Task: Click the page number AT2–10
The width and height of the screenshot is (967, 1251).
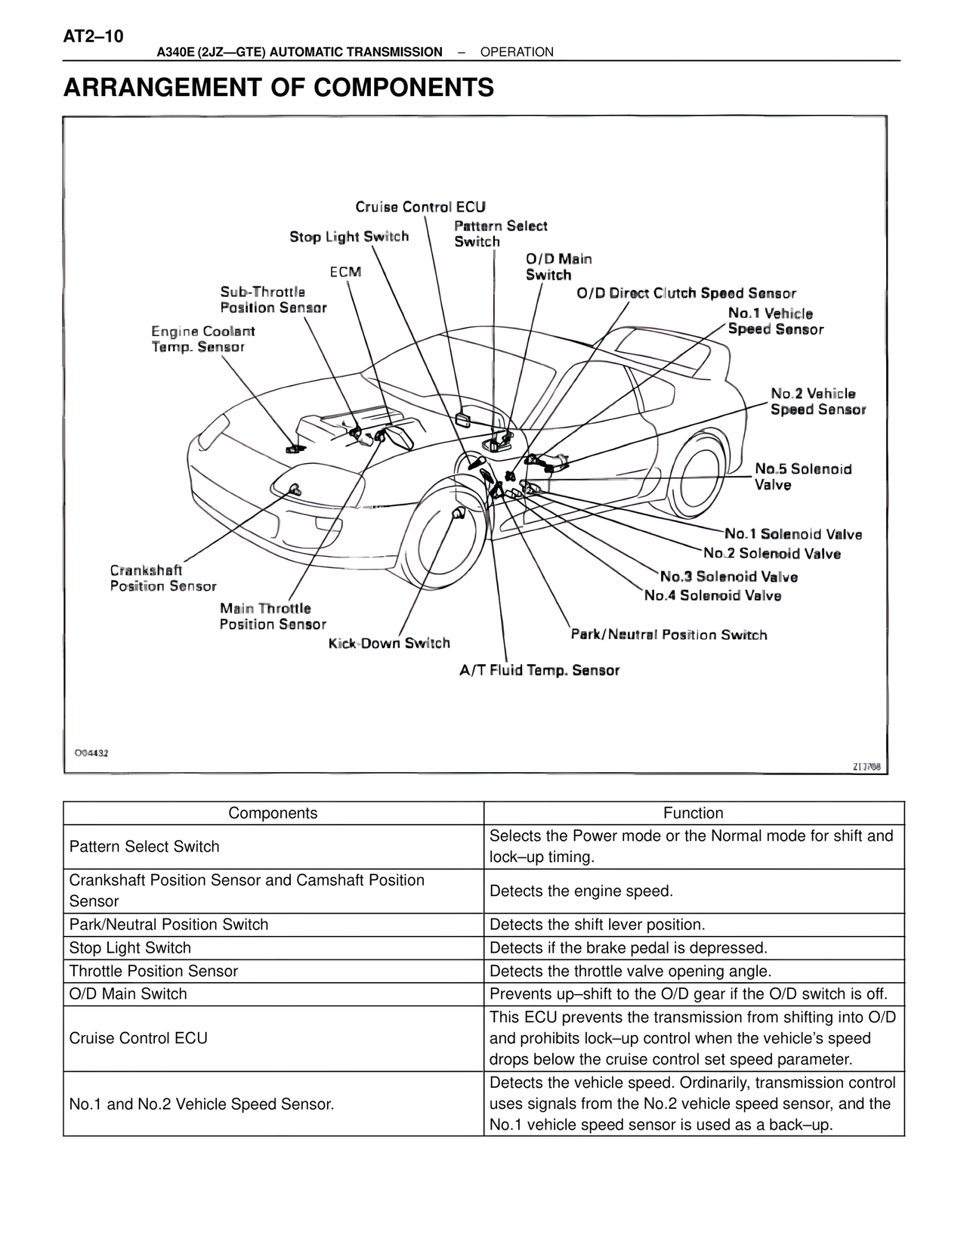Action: click(94, 37)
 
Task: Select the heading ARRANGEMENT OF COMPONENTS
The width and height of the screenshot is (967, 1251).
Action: click(279, 88)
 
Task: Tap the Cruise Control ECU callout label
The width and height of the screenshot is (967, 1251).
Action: click(420, 207)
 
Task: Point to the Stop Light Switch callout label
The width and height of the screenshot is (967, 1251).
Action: click(349, 237)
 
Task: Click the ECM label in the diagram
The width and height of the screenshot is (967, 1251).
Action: click(345, 272)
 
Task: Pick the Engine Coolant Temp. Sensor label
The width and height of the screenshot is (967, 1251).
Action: click(202, 339)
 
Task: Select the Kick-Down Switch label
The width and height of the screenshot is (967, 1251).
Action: click(389, 644)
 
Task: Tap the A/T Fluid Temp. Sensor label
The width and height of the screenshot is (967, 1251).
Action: click(539, 671)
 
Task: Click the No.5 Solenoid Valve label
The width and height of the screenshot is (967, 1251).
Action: click(803, 477)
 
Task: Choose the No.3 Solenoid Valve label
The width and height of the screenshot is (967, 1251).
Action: click(728, 577)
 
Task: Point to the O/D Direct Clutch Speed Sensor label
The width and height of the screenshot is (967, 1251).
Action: click(686, 294)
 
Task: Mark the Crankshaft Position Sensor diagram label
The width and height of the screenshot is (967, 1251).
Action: click(163, 579)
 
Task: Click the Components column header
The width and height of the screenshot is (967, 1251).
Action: click(273, 814)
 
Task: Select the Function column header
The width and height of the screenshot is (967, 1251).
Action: click(693, 814)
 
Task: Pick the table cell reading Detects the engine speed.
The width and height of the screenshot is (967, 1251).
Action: click(580, 891)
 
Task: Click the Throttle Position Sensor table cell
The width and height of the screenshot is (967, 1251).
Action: click(153, 971)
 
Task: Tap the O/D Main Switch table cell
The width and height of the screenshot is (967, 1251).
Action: click(128, 994)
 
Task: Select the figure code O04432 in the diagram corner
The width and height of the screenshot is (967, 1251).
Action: click(91, 753)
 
